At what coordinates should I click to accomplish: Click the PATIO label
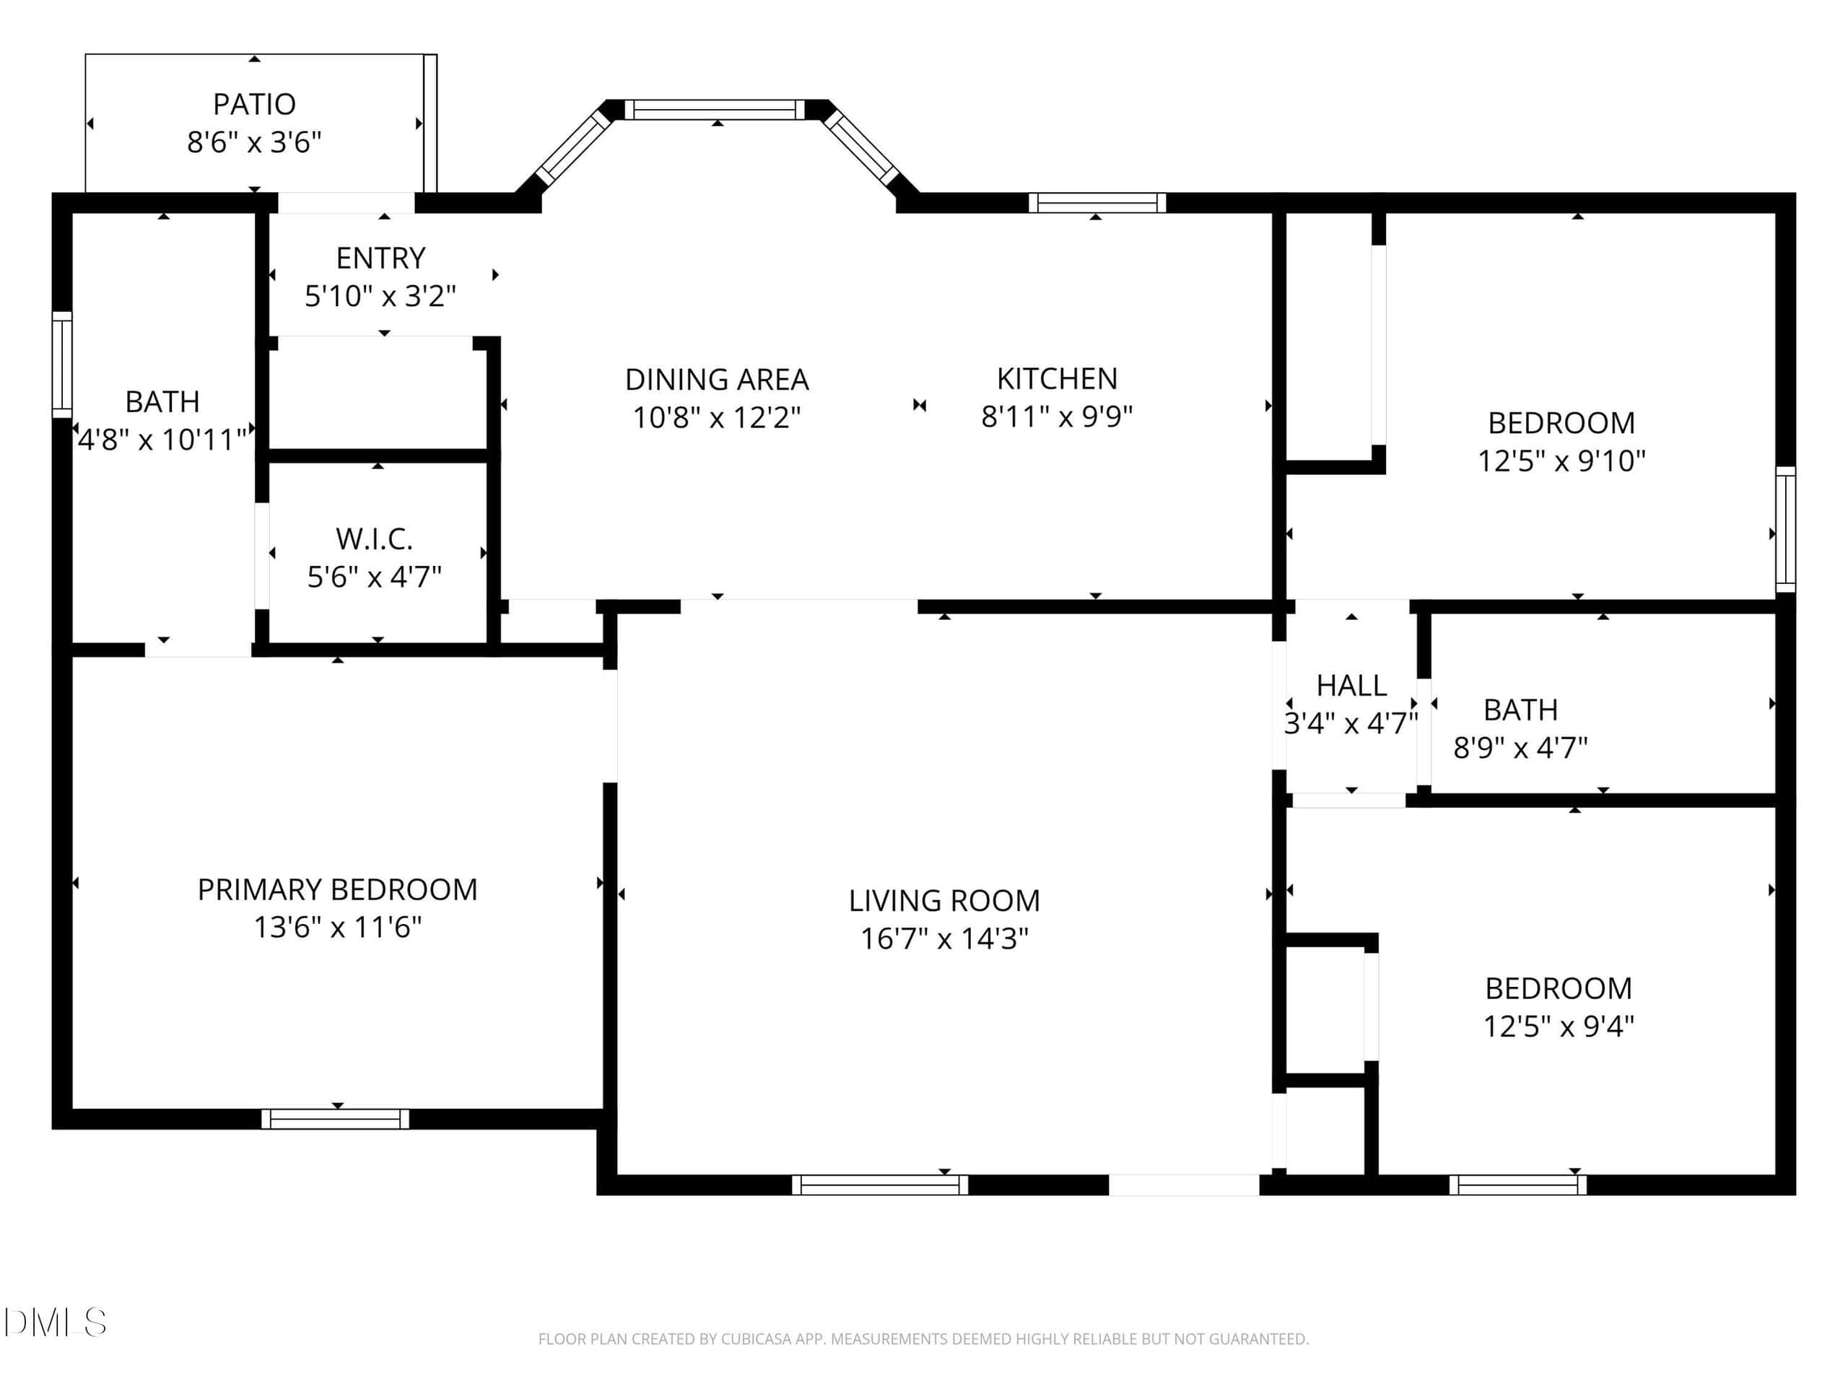coord(254,105)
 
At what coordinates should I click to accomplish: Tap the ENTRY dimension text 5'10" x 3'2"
coord(380,296)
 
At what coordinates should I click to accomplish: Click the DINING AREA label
coord(717,379)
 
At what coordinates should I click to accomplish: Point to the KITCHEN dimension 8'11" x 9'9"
coord(1057,416)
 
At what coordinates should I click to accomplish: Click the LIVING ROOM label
coord(944,901)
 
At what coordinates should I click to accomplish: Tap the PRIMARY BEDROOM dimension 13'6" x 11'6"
coord(338,928)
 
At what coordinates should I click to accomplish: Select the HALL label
coord(1351,686)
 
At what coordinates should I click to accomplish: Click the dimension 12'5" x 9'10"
coord(1561,461)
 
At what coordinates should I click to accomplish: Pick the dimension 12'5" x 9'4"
coord(1558,1026)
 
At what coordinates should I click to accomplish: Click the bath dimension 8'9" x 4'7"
coord(1520,748)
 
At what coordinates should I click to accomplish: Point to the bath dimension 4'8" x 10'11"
coord(162,440)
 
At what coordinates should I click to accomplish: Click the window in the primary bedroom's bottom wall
coord(335,1119)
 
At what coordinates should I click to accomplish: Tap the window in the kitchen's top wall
coord(1097,203)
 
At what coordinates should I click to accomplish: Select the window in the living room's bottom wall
coord(880,1185)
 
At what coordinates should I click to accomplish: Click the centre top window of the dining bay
coord(715,110)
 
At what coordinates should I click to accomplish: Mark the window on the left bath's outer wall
coord(62,365)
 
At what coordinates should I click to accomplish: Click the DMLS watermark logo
coord(55,1322)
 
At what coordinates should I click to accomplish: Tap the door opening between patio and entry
coord(346,203)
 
